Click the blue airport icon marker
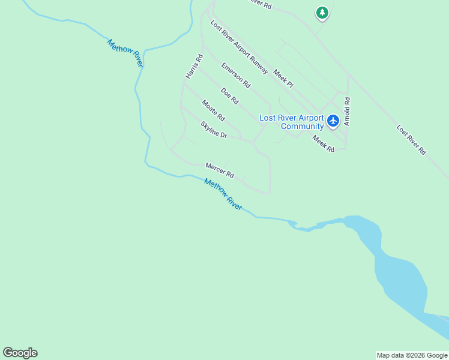click(334, 121)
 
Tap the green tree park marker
click(322, 13)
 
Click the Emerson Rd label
click(235, 76)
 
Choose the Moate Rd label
click(212, 110)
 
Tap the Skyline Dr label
click(214, 130)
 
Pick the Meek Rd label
click(323, 143)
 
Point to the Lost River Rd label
click(411, 140)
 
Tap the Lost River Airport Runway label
click(239, 47)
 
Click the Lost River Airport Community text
click(291, 122)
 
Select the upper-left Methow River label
click(125, 53)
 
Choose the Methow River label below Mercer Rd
click(223, 194)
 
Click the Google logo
click(20, 353)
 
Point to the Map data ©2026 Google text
click(412, 355)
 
